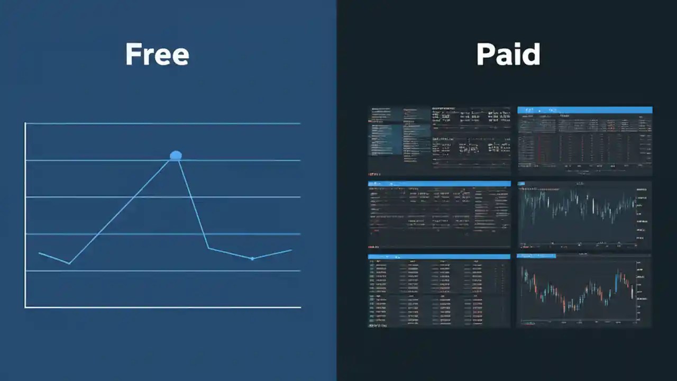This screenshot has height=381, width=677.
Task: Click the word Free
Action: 157,55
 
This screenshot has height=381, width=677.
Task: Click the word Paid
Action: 508,55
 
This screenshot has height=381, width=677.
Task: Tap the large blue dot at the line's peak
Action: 176,155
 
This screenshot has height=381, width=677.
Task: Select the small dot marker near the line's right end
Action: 252,258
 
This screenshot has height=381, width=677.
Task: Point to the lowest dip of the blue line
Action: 69,263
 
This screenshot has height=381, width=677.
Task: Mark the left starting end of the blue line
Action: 40,253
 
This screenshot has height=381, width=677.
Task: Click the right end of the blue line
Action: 291,250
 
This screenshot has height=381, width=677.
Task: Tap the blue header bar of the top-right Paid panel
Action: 584,110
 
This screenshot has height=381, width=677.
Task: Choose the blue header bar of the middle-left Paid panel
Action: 439,184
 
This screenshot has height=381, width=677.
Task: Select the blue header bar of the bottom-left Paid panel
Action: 439,257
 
